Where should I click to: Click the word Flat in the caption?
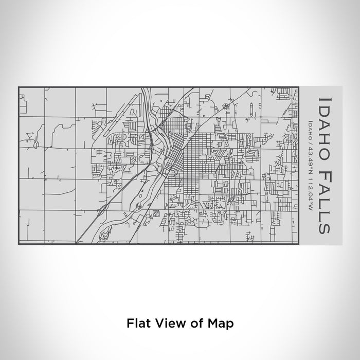click(136, 323)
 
